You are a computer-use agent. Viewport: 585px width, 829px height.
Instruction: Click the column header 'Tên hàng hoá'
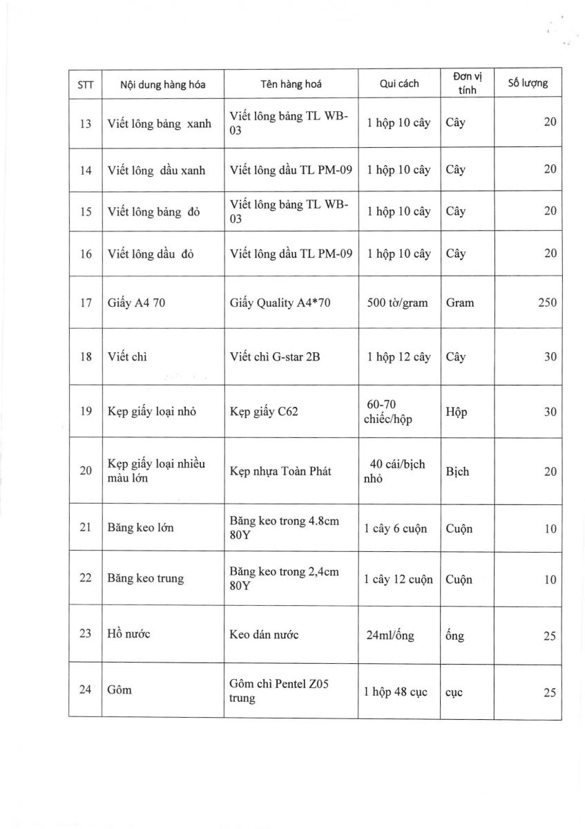[x=291, y=84]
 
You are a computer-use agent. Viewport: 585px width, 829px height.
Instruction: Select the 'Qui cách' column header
[x=399, y=84]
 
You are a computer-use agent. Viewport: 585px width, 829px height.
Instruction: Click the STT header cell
[x=86, y=85]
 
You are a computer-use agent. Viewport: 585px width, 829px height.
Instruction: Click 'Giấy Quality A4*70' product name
[x=280, y=303]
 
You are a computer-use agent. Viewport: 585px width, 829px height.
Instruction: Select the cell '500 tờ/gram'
[x=399, y=303]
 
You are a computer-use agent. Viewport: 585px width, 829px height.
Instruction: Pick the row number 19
[x=86, y=411]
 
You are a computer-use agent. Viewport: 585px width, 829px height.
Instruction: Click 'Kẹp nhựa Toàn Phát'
[x=280, y=471]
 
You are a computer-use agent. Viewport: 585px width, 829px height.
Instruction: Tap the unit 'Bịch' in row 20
[x=457, y=471]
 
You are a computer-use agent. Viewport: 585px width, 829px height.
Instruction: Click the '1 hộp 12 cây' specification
[x=399, y=357]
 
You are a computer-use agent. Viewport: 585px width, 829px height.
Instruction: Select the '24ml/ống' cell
[x=391, y=636]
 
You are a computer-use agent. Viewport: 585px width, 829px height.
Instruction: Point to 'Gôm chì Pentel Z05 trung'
[x=278, y=691]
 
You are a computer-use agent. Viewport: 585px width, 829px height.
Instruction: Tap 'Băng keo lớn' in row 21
[x=140, y=528]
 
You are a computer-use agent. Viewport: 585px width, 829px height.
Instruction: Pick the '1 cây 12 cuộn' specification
[x=399, y=579]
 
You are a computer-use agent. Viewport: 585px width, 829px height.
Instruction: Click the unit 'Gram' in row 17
[x=460, y=303]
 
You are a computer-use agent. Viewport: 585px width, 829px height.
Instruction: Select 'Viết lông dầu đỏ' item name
[x=151, y=254]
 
